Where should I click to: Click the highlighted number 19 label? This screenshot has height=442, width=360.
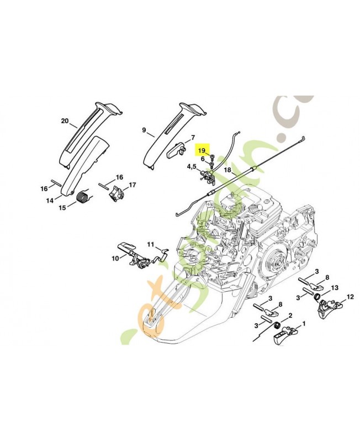pos(202,150)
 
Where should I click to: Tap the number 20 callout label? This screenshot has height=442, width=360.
pos(65,120)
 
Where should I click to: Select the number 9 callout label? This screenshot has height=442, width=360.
pos(144,130)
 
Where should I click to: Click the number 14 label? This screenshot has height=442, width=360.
pos(50,201)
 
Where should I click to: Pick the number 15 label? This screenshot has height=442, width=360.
pos(62,207)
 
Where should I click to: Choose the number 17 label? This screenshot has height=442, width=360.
pos(133,185)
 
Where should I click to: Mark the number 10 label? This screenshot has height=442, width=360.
pos(115,257)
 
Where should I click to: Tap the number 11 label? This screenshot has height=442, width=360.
pos(150,244)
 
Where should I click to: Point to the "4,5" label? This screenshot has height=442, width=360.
pos(191,166)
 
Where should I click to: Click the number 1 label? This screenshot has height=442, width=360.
pos(304,324)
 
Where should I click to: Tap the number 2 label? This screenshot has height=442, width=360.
pos(290,315)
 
